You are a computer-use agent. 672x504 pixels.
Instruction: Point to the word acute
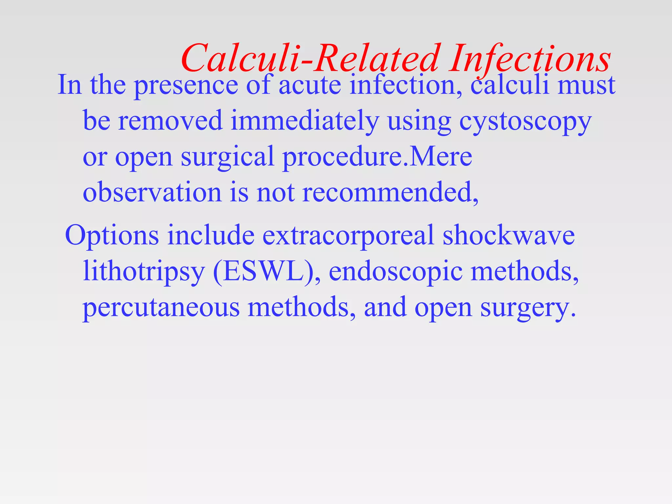(x=310, y=85)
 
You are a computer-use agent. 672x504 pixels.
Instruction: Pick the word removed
(x=170, y=121)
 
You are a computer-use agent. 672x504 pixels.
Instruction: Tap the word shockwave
(x=509, y=236)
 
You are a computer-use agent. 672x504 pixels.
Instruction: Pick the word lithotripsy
(x=144, y=272)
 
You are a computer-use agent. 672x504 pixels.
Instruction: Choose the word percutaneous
(x=161, y=308)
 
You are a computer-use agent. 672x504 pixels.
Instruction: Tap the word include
(x=211, y=236)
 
